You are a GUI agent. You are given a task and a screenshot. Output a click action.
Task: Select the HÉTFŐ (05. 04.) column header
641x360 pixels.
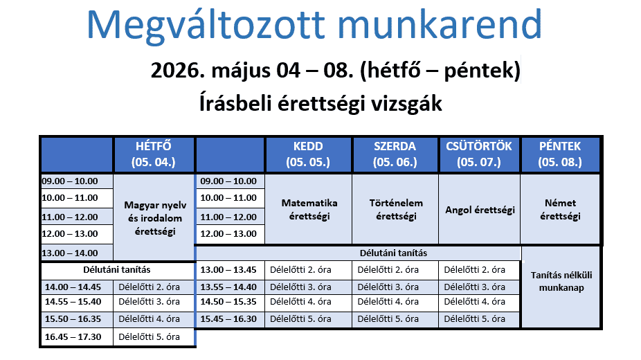point(153,154)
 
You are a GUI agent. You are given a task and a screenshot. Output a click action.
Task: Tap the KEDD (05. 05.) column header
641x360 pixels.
point(308,154)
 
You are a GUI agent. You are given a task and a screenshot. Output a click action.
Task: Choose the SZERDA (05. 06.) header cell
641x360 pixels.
point(395,154)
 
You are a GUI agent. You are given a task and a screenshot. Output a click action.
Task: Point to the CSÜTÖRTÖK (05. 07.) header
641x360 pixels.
point(478,154)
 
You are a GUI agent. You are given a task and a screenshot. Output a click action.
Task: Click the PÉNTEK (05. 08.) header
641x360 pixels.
point(560,154)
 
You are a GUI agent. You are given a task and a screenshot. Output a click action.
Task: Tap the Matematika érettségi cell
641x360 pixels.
point(309,209)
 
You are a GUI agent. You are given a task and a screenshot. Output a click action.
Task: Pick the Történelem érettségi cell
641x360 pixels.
point(395,209)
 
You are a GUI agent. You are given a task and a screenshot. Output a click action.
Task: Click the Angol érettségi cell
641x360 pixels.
point(480,210)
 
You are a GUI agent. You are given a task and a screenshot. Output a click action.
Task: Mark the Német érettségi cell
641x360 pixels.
point(560,209)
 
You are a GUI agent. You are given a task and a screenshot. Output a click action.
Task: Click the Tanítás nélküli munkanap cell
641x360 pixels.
point(561,280)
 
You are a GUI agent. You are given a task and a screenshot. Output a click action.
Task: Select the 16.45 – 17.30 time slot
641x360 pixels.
point(73,337)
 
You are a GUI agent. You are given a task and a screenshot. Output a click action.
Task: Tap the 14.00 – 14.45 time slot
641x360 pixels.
point(73,287)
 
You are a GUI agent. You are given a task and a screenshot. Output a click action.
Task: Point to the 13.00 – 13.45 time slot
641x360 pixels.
point(228,269)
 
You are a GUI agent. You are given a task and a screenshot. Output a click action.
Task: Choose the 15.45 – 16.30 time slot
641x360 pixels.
point(228,319)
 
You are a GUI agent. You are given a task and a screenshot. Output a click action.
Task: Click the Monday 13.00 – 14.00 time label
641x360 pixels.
point(70,253)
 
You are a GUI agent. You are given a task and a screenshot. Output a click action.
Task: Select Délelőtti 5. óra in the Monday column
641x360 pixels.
point(150,337)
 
